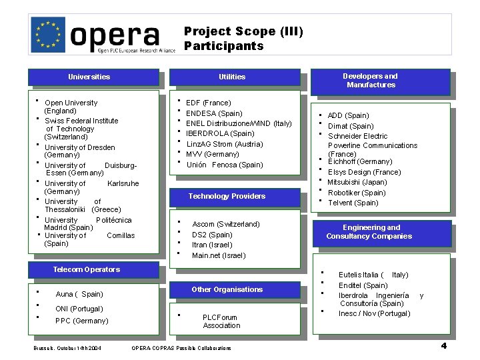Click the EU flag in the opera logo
pyautogui.click(x=49, y=33)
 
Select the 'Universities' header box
pyautogui.click(x=89, y=77)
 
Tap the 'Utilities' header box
pyautogui.click(x=232, y=77)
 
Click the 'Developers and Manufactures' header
pyautogui.click(x=371, y=81)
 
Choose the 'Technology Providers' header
pyautogui.click(x=227, y=196)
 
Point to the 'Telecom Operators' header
pyautogui.click(x=86, y=269)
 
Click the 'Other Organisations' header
pyautogui.click(x=227, y=289)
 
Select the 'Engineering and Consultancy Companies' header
pyautogui.click(x=369, y=231)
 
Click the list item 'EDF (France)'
pyautogui.click(x=209, y=103)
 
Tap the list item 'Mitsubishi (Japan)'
pyautogui.click(x=357, y=182)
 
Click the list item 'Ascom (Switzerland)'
pyautogui.click(x=226, y=224)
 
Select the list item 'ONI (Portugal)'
pyautogui.click(x=79, y=309)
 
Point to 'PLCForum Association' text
pyautogui.click(x=221, y=321)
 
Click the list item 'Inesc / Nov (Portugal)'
pyautogui.click(x=374, y=313)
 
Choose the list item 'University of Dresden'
pyautogui.click(x=79, y=147)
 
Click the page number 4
pyautogui.click(x=443, y=345)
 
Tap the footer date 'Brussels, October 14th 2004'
pyautogui.click(x=67, y=348)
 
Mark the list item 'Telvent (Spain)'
pyautogui.click(x=353, y=203)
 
